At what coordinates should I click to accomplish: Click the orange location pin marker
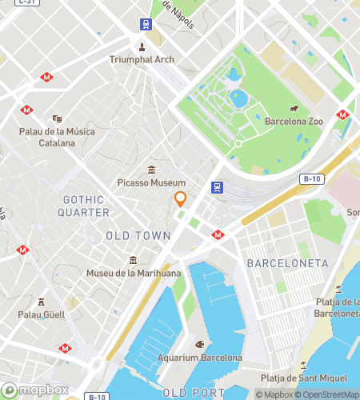[181, 200]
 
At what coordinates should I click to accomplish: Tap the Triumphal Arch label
[142, 59]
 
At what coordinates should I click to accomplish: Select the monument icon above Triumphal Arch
[142, 46]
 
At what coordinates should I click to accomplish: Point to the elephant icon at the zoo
[294, 109]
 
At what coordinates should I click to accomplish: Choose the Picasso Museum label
[151, 183]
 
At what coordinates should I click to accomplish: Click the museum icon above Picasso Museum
[151, 169]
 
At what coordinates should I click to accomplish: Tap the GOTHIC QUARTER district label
[83, 206]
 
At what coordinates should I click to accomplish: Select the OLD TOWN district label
[138, 236]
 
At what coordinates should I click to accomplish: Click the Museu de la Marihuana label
[134, 274]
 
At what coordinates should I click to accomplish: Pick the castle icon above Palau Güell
[41, 301]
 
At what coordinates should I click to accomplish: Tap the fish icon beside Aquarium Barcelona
[200, 345]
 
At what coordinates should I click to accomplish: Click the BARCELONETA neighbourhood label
[288, 263]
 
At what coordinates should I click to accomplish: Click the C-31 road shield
[25, 2]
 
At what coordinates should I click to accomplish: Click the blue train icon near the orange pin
[216, 187]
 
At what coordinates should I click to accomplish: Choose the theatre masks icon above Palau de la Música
[56, 118]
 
